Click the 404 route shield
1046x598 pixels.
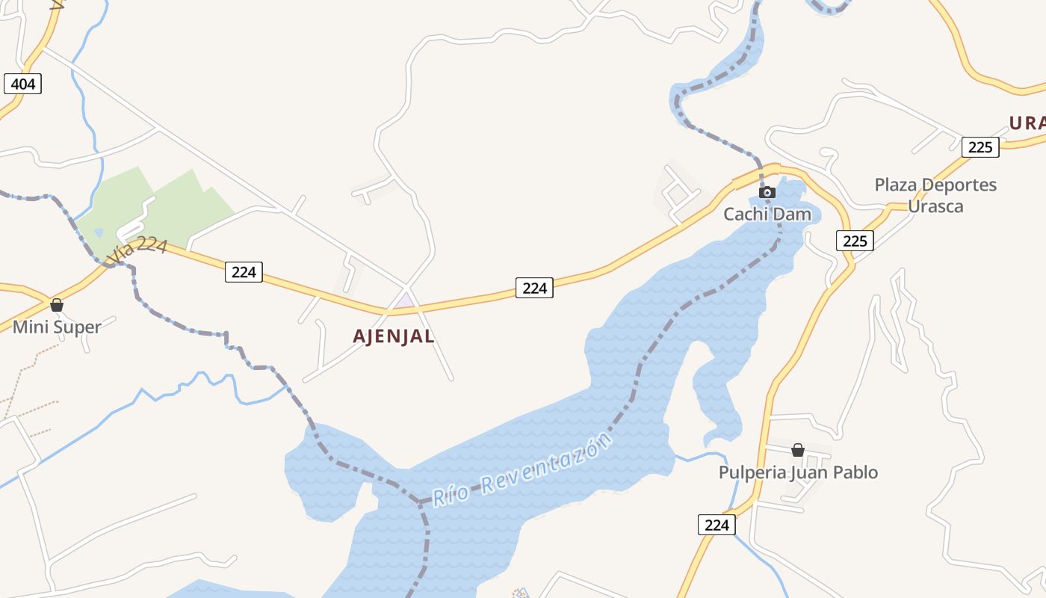tap(23, 84)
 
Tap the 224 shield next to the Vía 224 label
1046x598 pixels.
tap(244, 272)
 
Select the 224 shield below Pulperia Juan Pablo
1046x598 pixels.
tap(717, 525)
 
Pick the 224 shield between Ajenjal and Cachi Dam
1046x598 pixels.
tap(534, 287)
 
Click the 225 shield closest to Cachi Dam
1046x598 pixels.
tap(855, 240)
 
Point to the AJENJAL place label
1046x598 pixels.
tap(394, 336)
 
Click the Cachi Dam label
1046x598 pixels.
tap(767, 215)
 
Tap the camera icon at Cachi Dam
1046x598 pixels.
tap(767, 193)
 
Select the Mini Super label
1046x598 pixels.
tap(57, 327)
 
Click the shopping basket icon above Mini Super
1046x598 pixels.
tap(57, 305)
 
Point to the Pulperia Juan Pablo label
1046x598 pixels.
tap(798, 472)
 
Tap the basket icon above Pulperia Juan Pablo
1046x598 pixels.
tap(798, 450)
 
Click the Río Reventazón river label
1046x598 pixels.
tap(523, 471)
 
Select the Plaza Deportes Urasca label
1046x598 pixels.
tap(935, 195)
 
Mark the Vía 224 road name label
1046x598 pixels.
tap(137, 250)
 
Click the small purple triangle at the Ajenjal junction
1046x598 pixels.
tap(404, 301)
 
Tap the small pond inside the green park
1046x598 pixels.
tap(99, 233)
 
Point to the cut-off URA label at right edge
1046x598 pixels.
tap(1027, 123)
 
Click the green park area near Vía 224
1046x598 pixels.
tap(172, 202)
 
